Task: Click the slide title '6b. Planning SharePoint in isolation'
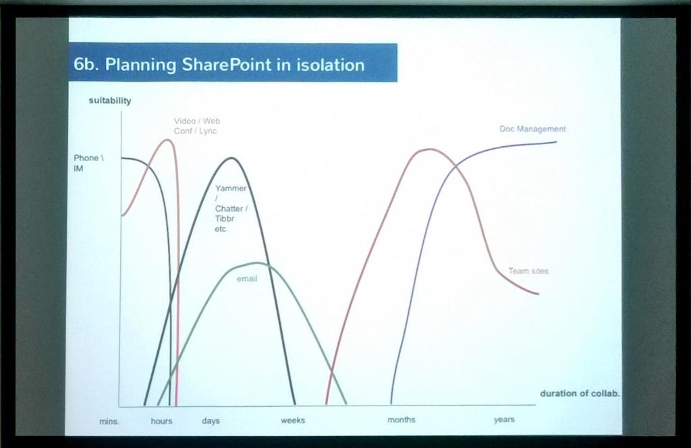click(x=219, y=65)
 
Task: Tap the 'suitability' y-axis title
click(x=109, y=101)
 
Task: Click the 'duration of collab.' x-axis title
click(x=579, y=393)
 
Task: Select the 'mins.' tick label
click(x=109, y=421)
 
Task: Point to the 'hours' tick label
click(x=161, y=421)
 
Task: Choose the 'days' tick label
click(x=211, y=421)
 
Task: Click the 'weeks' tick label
click(x=293, y=420)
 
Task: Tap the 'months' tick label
click(x=402, y=420)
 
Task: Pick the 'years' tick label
click(x=504, y=420)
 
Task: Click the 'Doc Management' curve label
click(x=532, y=129)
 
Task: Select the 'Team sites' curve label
click(x=528, y=271)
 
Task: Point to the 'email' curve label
click(x=246, y=278)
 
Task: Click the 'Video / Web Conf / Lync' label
click(x=196, y=126)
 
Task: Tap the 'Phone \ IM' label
click(x=86, y=163)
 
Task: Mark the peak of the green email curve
click(x=256, y=263)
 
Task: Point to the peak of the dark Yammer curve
click(x=231, y=158)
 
